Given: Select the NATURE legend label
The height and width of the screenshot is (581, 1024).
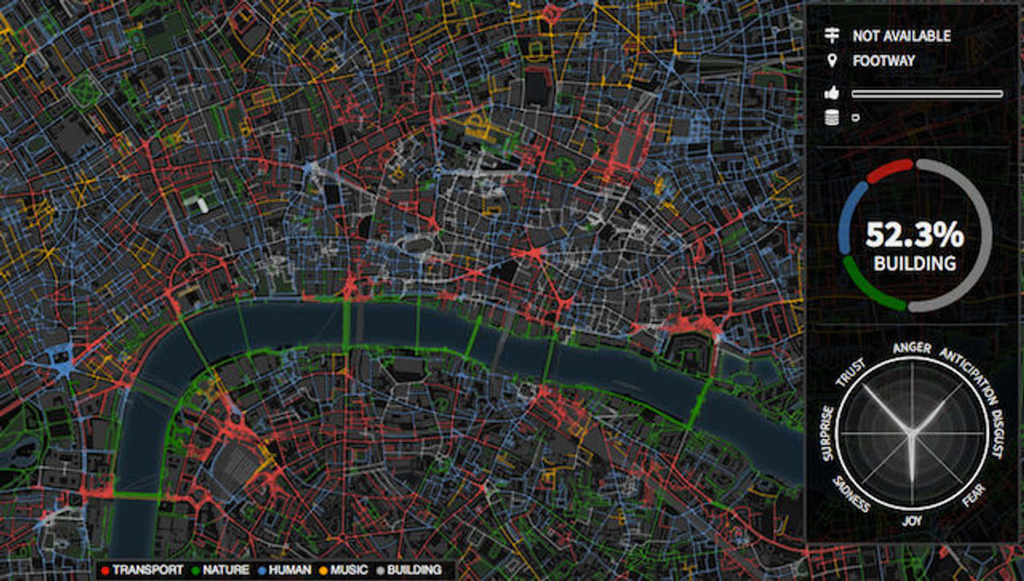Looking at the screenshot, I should pyautogui.click(x=225, y=570).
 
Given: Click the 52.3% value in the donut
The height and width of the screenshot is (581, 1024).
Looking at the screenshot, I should pyautogui.click(x=914, y=234).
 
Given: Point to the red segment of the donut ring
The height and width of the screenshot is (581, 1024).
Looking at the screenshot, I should pyautogui.click(x=889, y=169).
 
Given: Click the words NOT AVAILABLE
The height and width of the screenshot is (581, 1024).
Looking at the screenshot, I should pyautogui.click(x=901, y=36).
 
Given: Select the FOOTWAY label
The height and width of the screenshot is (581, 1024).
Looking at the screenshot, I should pyautogui.click(x=883, y=61).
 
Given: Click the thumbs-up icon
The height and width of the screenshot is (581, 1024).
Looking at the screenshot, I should pyautogui.click(x=831, y=94).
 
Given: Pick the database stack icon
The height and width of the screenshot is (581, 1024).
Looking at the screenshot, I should pyautogui.click(x=831, y=119).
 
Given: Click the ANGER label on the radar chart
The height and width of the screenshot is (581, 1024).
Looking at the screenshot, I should pyautogui.click(x=911, y=347).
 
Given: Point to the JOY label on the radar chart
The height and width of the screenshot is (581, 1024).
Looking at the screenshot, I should pyautogui.click(x=912, y=518).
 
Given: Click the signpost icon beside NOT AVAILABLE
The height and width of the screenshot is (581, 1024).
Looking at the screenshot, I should pyautogui.click(x=831, y=36).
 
